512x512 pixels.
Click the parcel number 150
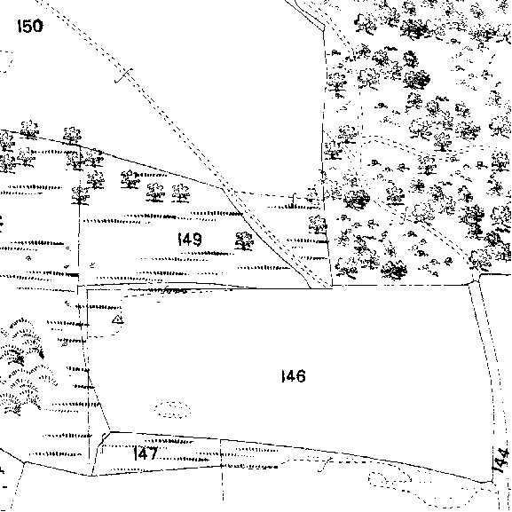[29, 26]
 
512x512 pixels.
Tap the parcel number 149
[190, 240]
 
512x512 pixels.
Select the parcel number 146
[294, 376]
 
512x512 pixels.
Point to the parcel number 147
[146, 453]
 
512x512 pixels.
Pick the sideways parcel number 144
[501, 461]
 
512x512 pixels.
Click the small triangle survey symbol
[117, 319]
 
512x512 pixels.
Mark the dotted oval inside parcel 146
[172, 409]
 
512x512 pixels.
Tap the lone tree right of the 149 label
[244, 241]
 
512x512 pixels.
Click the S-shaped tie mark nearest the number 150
[123, 75]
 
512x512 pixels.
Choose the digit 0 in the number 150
[38, 26]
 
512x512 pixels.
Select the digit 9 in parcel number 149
[197, 240]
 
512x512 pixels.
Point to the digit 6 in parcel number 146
[301, 376]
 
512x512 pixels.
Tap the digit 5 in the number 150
[28, 26]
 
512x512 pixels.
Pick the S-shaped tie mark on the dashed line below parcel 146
[324, 465]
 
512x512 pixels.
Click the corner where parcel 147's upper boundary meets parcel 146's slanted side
[110, 431]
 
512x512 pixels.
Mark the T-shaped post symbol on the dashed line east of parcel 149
[293, 197]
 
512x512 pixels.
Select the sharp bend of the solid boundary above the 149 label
[222, 188]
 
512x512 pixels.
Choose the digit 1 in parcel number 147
[136, 453]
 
